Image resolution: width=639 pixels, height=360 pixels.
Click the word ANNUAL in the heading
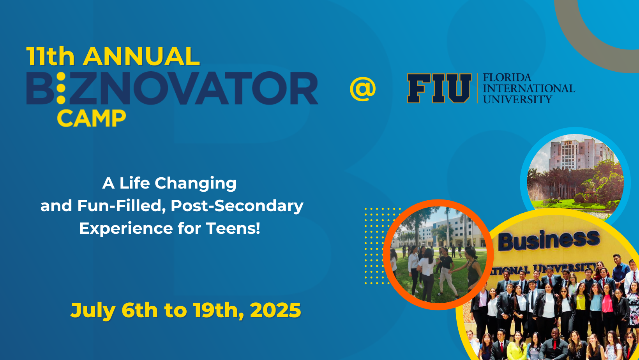pyautogui.click(x=141, y=56)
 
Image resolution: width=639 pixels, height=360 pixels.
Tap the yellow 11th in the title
pyautogui.click(x=51, y=56)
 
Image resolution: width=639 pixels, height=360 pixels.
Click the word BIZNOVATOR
pyautogui.click(x=172, y=88)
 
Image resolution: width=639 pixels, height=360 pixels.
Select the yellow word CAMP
pyautogui.click(x=91, y=118)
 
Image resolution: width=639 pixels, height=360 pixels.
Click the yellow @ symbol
pyautogui.click(x=363, y=89)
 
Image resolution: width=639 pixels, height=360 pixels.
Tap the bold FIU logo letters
pyautogui.click(x=439, y=88)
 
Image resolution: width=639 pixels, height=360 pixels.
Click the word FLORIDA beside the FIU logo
pyautogui.click(x=507, y=77)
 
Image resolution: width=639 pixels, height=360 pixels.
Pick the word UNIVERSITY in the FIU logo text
pyautogui.click(x=517, y=100)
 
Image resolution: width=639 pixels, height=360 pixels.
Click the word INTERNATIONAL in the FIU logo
pyautogui.click(x=529, y=88)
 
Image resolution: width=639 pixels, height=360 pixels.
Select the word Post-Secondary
pyautogui.click(x=237, y=206)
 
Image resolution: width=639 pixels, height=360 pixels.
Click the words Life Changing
pyautogui.click(x=178, y=183)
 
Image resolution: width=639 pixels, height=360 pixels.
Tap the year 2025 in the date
pyautogui.click(x=275, y=310)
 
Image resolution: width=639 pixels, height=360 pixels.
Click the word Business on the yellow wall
pyautogui.click(x=549, y=240)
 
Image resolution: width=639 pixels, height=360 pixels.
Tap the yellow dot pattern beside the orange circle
pyautogui.click(x=378, y=246)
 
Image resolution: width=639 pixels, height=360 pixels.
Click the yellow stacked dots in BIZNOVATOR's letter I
pyautogui.click(x=61, y=88)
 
